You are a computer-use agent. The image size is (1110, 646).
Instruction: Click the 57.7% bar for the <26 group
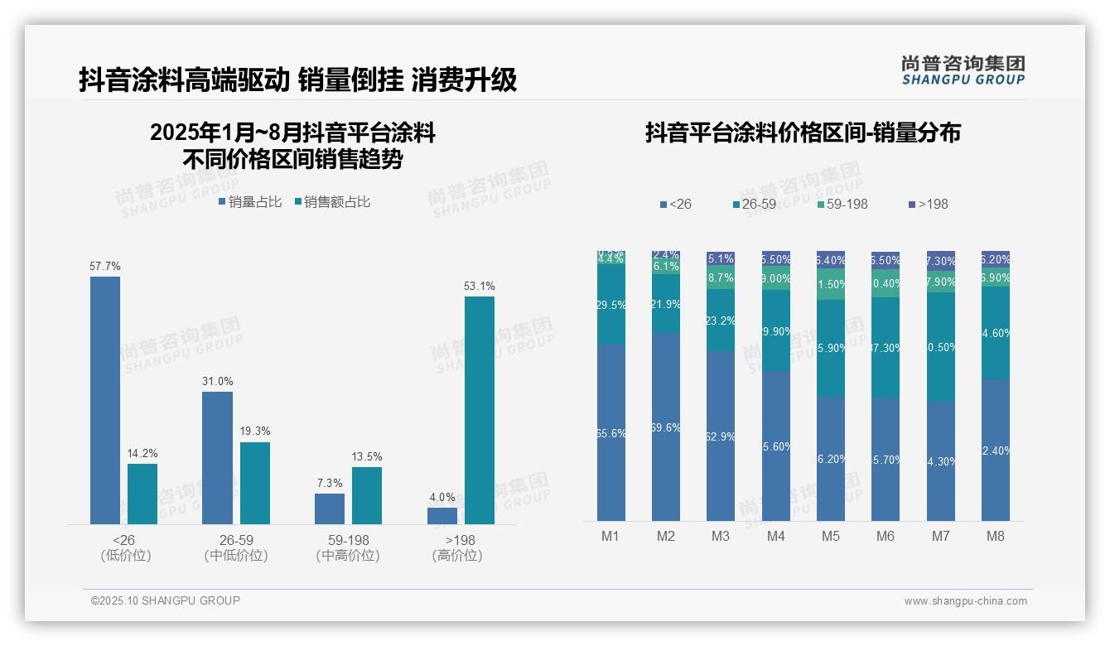105,400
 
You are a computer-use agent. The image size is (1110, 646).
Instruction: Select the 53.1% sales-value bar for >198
479,410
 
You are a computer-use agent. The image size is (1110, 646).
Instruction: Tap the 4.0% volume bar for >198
442,515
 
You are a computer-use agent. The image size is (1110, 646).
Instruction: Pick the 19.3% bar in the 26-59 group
255,483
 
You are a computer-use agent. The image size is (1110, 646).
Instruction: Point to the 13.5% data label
367,457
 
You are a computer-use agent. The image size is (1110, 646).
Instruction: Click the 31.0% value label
217,382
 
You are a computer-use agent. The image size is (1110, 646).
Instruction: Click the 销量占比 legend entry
250,202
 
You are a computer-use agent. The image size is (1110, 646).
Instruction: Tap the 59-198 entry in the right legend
842,204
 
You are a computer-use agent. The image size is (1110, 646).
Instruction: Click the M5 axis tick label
830,537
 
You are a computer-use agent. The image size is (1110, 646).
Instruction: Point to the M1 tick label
610,537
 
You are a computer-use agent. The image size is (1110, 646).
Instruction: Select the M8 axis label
995,537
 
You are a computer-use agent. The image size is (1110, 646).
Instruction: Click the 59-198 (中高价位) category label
348,547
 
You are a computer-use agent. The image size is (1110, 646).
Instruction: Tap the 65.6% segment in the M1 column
610,432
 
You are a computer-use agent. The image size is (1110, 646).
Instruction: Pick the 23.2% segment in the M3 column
721,321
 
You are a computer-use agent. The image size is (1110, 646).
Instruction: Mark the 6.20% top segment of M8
995,259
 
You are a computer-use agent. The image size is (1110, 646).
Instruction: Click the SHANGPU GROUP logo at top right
963,70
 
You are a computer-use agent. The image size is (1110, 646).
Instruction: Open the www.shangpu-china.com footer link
965,601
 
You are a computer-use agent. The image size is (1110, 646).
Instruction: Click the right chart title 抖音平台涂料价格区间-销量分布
803,133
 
